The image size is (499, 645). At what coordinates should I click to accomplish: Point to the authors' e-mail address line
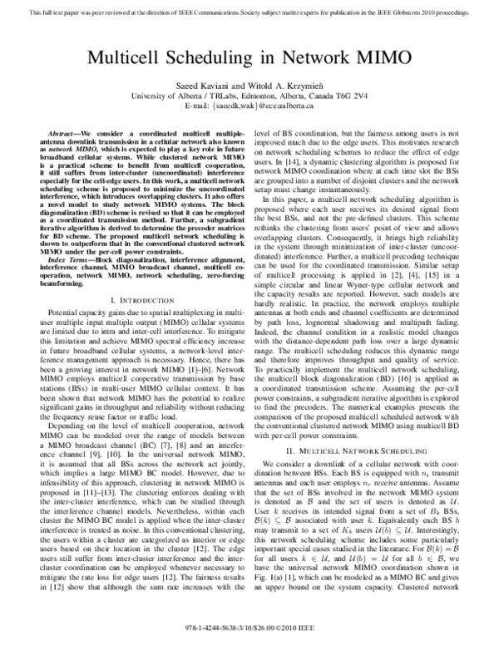pyautogui.click(x=249, y=107)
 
